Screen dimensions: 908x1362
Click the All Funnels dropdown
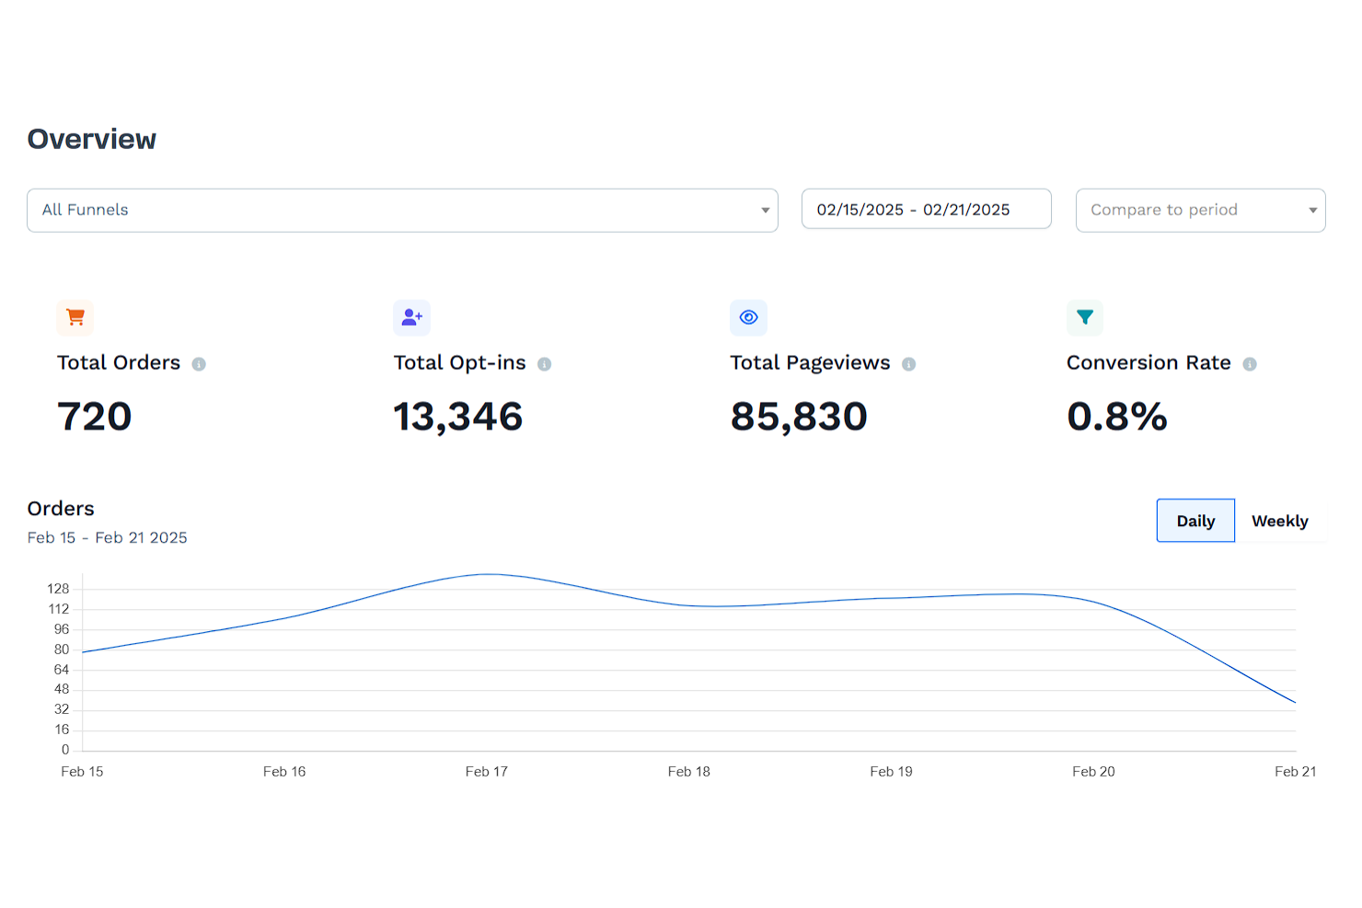(x=402, y=211)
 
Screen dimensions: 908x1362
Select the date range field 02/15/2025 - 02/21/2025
(x=926, y=210)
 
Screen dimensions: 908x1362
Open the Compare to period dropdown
(x=1200, y=211)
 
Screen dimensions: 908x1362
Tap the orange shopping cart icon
(x=75, y=317)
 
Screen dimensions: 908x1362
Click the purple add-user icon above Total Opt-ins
(x=411, y=317)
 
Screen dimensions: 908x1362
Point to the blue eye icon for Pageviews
(x=748, y=317)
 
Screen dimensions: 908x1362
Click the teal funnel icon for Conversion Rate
(x=1085, y=317)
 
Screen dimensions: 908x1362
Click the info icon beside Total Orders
(x=199, y=364)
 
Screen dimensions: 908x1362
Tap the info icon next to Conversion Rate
(x=1250, y=364)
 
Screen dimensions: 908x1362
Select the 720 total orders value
(x=95, y=417)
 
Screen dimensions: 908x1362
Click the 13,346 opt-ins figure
(x=457, y=417)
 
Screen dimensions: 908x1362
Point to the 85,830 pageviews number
(x=799, y=417)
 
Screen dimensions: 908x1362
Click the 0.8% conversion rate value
(x=1116, y=417)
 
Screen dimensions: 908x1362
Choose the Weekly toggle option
(x=1279, y=521)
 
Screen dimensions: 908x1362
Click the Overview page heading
(x=92, y=139)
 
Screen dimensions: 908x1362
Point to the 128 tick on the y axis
(x=58, y=589)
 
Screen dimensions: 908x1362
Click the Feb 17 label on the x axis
(x=486, y=772)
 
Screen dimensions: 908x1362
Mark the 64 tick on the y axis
(x=62, y=670)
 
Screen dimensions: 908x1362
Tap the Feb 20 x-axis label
(x=1093, y=772)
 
